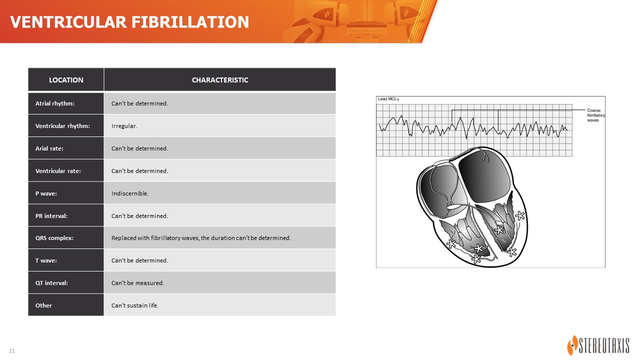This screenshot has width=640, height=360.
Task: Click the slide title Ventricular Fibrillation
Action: (x=129, y=22)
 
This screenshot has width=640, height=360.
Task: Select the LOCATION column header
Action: (x=66, y=80)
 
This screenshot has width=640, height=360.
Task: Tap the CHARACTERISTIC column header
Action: (x=219, y=80)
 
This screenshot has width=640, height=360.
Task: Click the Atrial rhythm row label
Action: (x=55, y=103)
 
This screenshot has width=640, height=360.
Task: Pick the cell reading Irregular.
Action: (x=124, y=126)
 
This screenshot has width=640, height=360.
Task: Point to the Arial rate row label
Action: (x=49, y=148)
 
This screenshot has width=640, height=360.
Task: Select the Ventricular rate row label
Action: (x=58, y=171)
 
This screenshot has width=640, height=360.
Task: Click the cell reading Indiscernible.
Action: (x=130, y=193)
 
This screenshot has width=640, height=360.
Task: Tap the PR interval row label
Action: (x=51, y=216)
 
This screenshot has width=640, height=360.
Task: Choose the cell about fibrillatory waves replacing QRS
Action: (x=201, y=237)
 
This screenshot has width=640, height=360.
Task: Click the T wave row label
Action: (x=46, y=260)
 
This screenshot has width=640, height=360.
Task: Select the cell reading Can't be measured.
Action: (x=137, y=283)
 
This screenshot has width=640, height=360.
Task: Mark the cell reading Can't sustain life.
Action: (x=135, y=305)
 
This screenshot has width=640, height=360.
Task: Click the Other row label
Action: (x=43, y=305)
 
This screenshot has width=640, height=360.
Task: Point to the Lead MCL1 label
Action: (x=388, y=99)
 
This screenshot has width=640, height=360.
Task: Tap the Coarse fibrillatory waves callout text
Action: (x=595, y=115)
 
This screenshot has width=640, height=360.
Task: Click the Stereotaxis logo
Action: (x=598, y=345)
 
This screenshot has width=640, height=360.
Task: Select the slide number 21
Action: (x=12, y=350)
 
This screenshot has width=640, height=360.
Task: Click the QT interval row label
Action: (x=51, y=283)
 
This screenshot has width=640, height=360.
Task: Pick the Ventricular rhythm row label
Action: (x=62, y=126)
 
